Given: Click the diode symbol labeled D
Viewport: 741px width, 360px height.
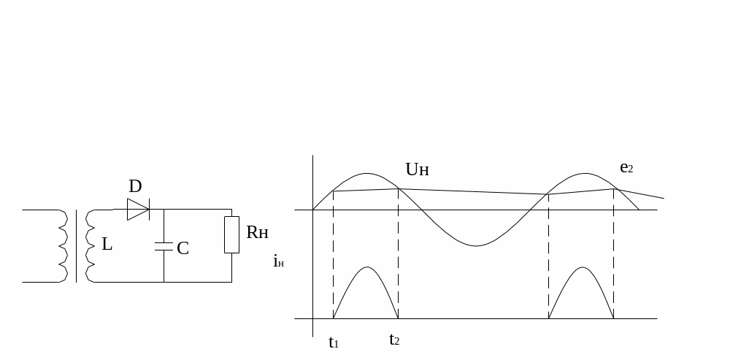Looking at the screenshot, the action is point(139,210).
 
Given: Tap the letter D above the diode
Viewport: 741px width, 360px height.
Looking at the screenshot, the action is point(135,187).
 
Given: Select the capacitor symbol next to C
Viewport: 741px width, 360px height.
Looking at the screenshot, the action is point(164,246).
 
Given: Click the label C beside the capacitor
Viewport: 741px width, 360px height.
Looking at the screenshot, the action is point(183,248).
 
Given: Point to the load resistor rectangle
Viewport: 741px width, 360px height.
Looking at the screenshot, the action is point(231,235).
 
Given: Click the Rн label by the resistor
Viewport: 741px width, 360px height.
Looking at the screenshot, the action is point(257,232).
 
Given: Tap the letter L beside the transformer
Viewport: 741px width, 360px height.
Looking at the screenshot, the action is point(107,244).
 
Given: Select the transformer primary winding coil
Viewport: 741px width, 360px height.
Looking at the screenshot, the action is point(63,245).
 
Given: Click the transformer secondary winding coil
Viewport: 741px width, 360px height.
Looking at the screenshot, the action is point(90,245).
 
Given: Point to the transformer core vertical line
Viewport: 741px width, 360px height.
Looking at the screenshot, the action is point(76,245).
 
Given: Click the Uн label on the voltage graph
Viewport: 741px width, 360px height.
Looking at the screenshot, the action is point(418,169).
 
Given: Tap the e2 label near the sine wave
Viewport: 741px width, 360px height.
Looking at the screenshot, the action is point(626,167).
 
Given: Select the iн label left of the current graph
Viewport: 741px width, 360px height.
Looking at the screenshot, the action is point(278,261).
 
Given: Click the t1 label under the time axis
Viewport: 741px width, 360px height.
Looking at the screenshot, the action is point(334,342).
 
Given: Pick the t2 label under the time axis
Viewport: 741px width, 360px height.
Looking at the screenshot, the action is point(394,340).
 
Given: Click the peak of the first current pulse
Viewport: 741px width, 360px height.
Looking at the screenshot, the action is point(367,267).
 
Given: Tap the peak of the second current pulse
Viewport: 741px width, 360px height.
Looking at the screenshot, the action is point(583,267).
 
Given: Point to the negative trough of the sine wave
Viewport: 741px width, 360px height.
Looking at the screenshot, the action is point(476,245).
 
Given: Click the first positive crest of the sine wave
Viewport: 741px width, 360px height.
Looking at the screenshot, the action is point(366,173).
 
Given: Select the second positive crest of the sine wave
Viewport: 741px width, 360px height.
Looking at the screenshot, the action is point(585,173).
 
